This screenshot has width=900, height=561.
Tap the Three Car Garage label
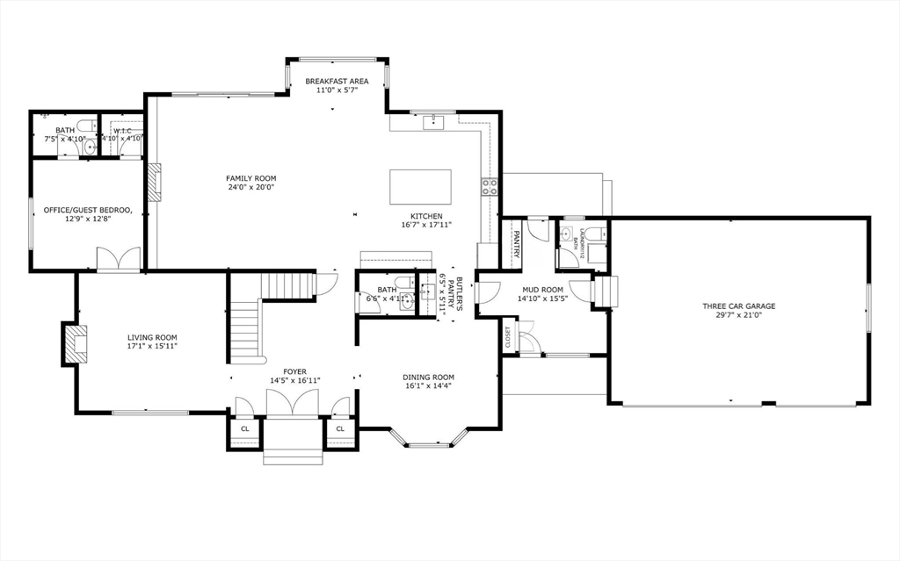point(738,306)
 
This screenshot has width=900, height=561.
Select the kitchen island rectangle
point(421,186)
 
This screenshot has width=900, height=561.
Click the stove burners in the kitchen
point(489,185)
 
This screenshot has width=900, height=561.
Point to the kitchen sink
point(434,121)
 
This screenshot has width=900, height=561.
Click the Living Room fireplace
point(71,343)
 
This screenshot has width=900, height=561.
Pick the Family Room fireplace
point(155,183)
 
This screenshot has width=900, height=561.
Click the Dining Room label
point(429,378)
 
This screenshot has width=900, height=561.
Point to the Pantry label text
point(516,243)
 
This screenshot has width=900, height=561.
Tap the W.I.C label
point(122,130)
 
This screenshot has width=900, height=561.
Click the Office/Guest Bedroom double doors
point(118,260)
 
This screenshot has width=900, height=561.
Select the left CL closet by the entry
point(244,429)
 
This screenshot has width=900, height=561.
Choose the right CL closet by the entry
point(339,429)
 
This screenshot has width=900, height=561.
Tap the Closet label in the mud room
point(507,337)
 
